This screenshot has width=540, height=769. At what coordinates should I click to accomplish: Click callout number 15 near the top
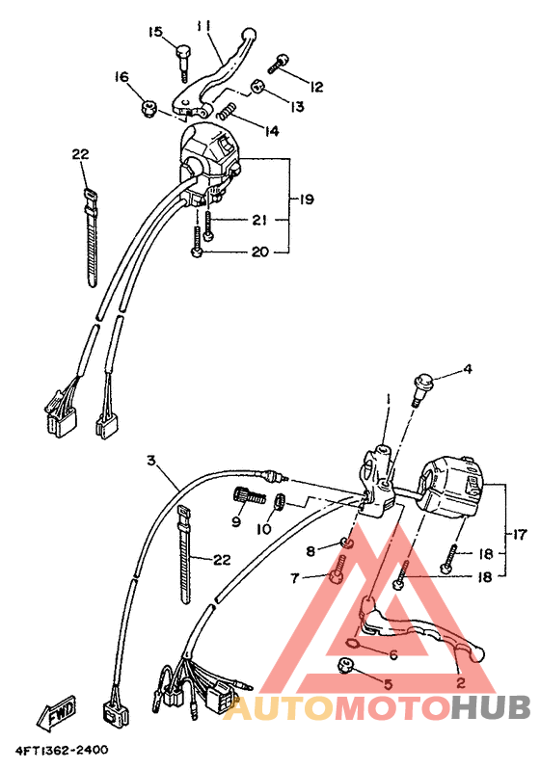[155, 32]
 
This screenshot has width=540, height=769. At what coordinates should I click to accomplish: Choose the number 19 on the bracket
[306, 199]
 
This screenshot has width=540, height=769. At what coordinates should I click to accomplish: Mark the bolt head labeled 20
[197, 252]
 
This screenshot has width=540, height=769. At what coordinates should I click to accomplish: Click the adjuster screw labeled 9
[243, 497]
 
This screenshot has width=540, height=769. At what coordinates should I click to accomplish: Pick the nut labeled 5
[343, 666]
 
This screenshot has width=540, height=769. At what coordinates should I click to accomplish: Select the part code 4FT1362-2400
[60, 750]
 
